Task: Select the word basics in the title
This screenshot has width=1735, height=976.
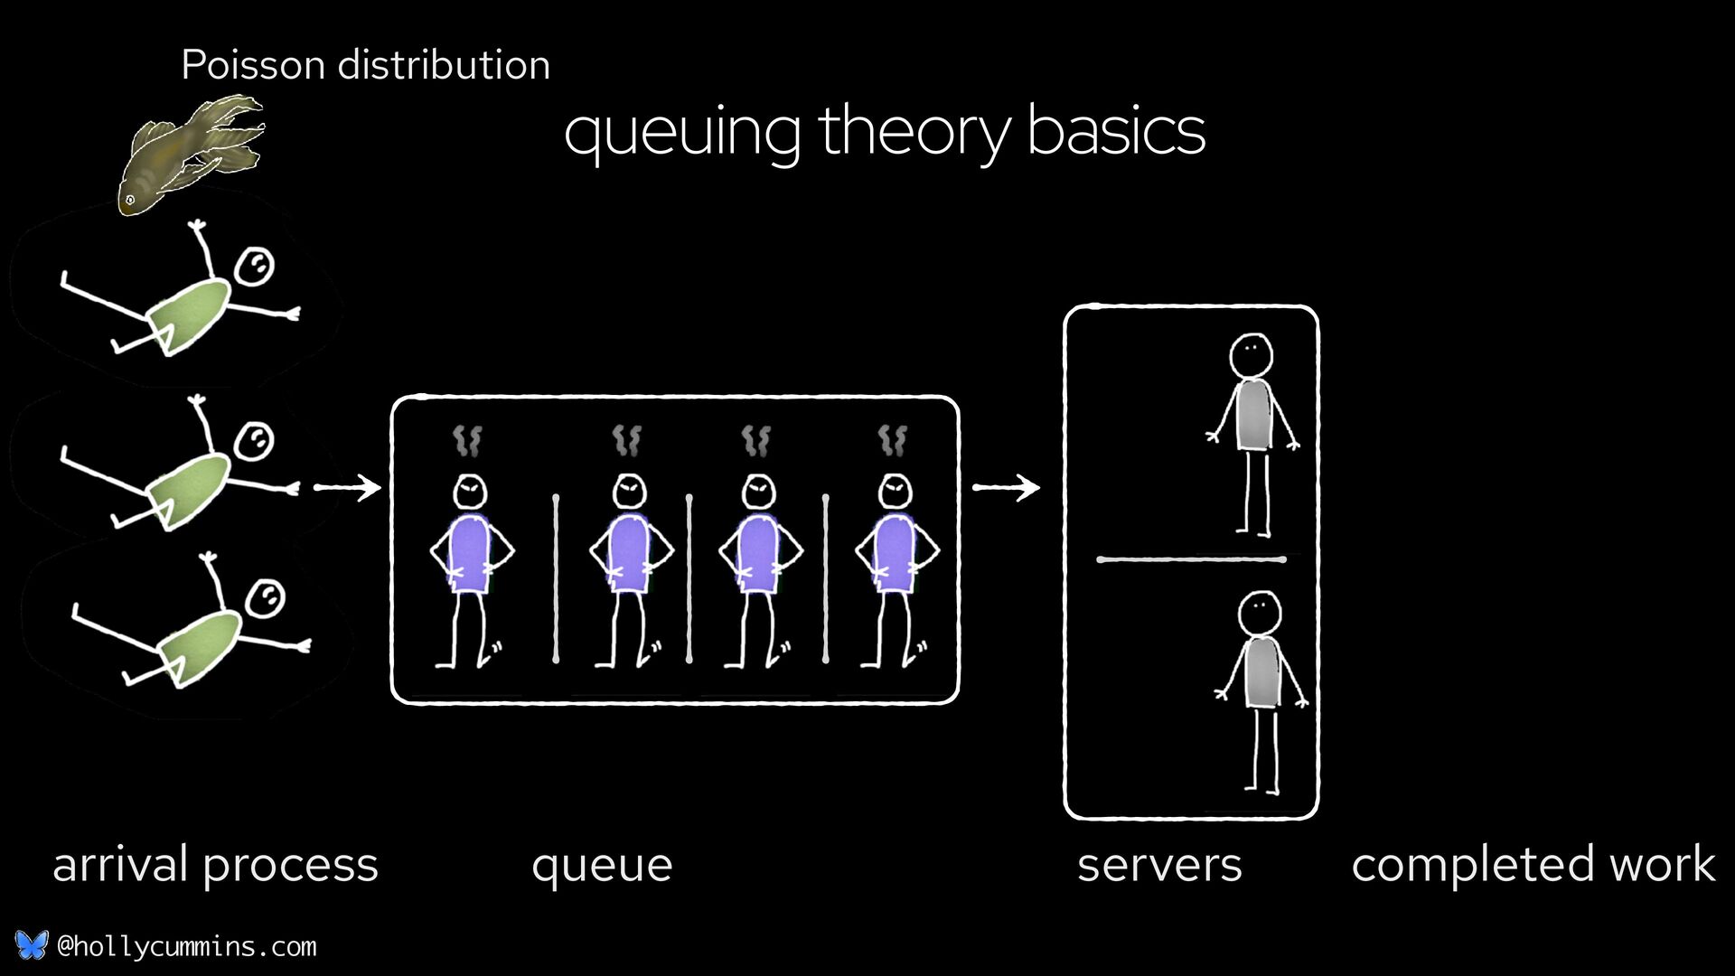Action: pos(1116,132)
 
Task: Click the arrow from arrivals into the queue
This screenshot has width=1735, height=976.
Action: pos(348,488)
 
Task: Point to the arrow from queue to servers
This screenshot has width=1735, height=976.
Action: pos(1006,488)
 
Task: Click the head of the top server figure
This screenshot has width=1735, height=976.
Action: pos(1252,355)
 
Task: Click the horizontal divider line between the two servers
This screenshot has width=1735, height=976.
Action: pos(1191,559)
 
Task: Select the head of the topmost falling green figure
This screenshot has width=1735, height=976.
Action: pos(254,267)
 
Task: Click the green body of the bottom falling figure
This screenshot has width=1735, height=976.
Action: pos(201,643)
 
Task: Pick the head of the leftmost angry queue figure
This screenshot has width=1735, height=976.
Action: pos(470,493)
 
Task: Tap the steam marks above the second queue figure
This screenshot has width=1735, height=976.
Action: pos(626,440)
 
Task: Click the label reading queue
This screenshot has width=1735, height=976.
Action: pos(602,865)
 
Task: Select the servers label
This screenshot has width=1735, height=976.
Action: pos(1159,865)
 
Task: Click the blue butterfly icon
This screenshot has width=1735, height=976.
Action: pos(31,945)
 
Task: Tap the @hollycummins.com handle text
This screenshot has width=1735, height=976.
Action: pos(187,947)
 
